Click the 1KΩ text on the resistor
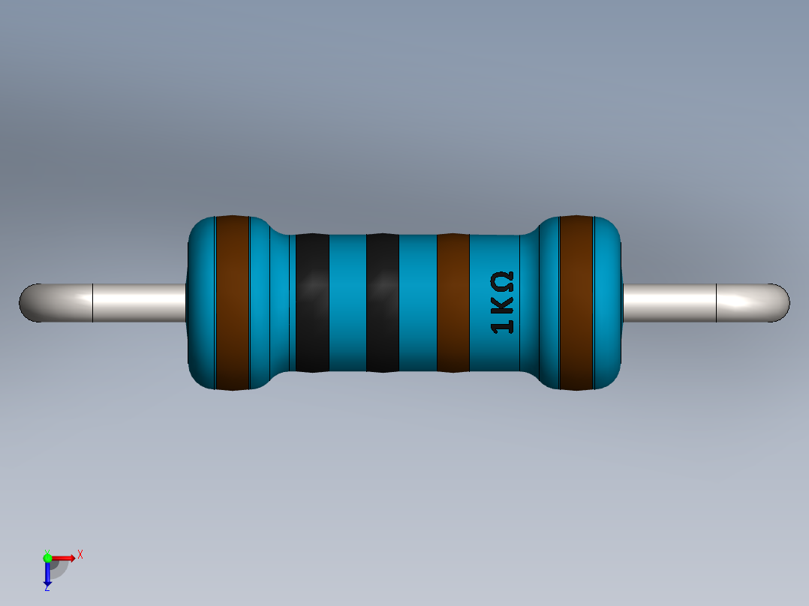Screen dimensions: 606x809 tap(502, 303)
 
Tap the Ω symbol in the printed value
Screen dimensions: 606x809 tap(502, 282)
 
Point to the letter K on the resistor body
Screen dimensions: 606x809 tap(503, 304)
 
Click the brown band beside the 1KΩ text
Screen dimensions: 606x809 tap(453, 303)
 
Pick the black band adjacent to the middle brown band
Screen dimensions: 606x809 tap(382, 303)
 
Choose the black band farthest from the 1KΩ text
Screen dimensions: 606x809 tap(312, 303)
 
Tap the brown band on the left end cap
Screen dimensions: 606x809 tap(232, 303)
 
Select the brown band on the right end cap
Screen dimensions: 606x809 tap(576, 303)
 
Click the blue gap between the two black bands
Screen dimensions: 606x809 tap(347, 303)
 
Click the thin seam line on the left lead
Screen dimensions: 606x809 tap(92, 303)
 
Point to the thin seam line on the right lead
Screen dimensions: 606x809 tap(717, 303)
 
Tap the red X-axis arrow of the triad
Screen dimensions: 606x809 tap(66, 557)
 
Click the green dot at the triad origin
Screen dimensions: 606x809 tap(47, 557)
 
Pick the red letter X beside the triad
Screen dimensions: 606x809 tap(80, 554)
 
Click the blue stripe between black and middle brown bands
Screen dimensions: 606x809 tap(417, 303)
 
